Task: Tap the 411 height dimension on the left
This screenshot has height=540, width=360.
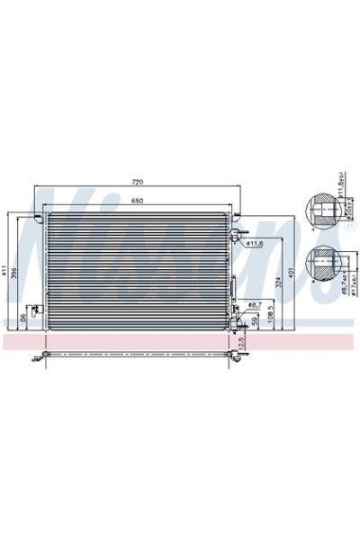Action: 5,270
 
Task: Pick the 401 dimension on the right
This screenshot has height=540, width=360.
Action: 290,273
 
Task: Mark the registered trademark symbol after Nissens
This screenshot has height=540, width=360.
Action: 347,229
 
